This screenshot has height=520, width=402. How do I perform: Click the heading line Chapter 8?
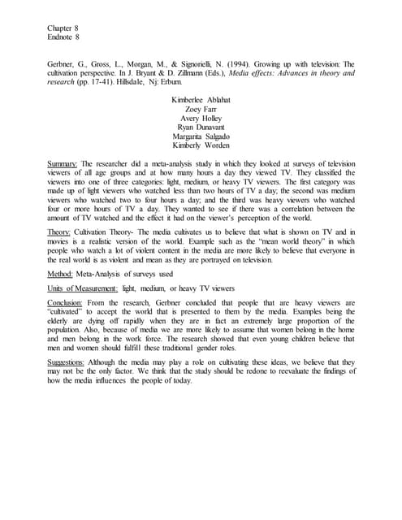pyautogui.click(x=64, y=28)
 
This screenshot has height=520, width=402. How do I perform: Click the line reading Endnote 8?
pyautogui.click(x=64, y=38)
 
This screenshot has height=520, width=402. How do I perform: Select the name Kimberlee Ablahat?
pyautogui.click(x=201, y=99)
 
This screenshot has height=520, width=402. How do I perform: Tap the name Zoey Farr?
pyautogui.click(x=201, y=108)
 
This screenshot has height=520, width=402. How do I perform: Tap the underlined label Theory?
pyautogui.click(x=61, y=232)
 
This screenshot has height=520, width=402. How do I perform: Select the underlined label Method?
pyautogui.click(x=62, y=274)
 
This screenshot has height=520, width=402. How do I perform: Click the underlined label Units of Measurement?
pyautogui.click(x=83, y=288)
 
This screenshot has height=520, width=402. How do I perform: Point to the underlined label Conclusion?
pyautogui.click(x=67, y=303)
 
